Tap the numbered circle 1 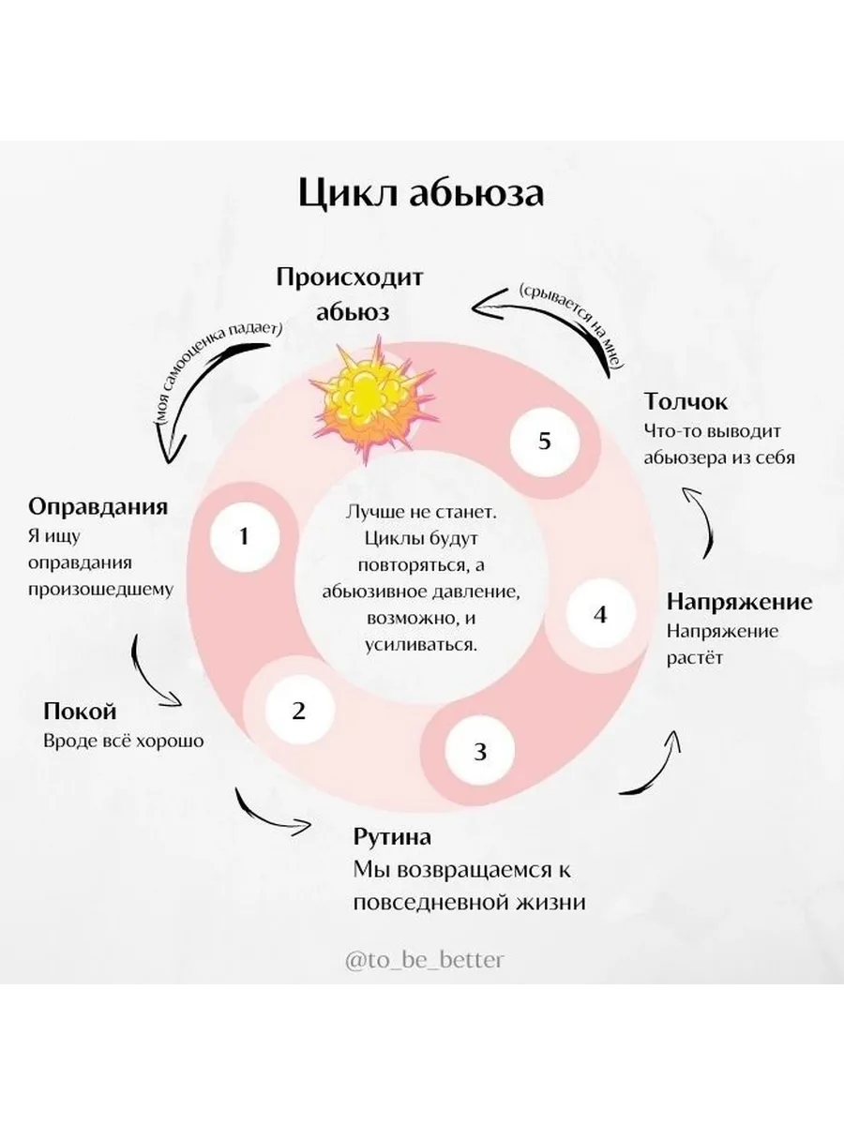[x=244, y=536]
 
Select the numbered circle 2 [x=298, y=711]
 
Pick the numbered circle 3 [x=480, y=751]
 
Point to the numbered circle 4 [x=601, y=615]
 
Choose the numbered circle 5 [x=545, y=441]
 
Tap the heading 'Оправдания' [x=98, y=507]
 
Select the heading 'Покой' [x=81, y=711]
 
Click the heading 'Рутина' [x=392, y=836]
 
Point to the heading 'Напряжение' [x=739, y=601]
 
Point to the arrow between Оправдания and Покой [x=155, y=670]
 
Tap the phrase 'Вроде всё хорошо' [x=124, y=740]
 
